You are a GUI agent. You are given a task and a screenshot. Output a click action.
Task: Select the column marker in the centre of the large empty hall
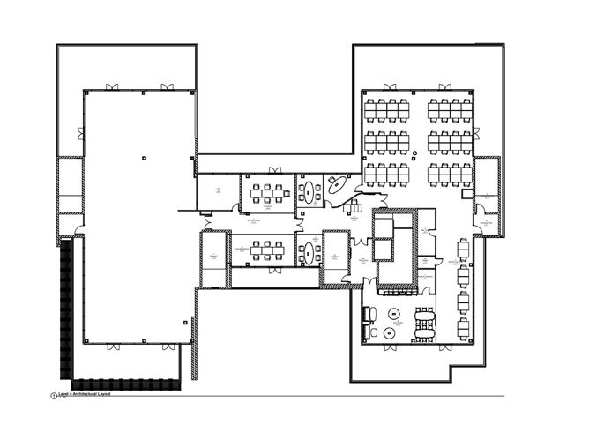140,156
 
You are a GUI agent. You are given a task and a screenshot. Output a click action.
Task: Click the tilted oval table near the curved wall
338,186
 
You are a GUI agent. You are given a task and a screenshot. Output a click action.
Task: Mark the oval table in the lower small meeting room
308,252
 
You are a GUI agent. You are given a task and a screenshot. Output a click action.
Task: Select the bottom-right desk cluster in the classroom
450,172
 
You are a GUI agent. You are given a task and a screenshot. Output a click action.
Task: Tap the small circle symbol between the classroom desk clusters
414,154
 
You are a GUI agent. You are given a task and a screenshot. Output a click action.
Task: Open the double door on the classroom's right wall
476,134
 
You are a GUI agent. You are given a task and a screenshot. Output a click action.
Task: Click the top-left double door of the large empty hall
112,87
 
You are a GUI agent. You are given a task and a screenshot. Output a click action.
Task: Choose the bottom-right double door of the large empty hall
166,345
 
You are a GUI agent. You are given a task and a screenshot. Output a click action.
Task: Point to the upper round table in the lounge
394,313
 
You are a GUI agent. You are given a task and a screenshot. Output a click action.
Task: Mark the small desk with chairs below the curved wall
354,206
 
